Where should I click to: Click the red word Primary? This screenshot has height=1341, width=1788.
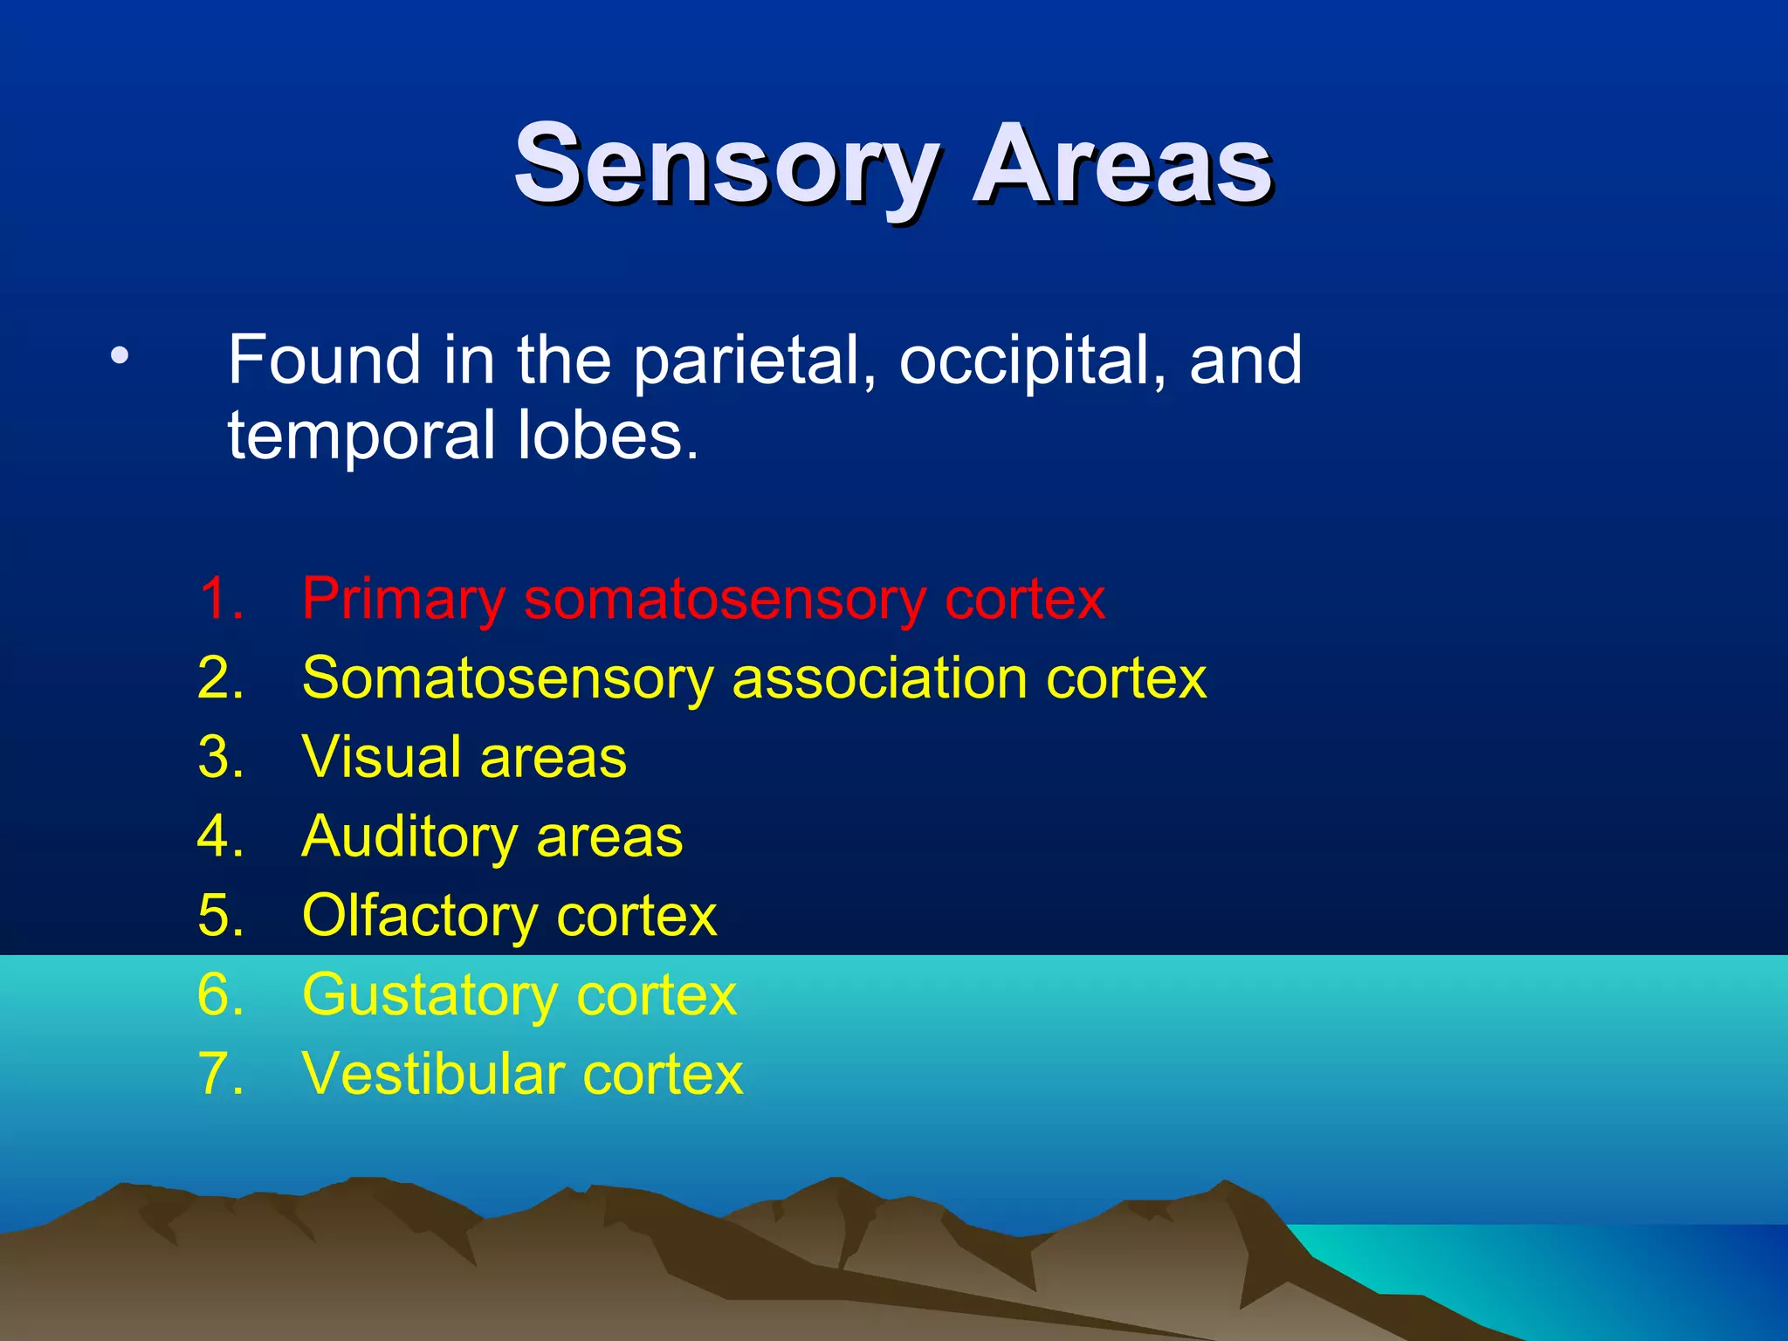tap(403, 601)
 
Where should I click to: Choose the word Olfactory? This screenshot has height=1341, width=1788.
tap(419, 917)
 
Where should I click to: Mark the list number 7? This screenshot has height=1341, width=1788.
tap(219, 1074)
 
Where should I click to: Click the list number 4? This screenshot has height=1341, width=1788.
tap(219, 836)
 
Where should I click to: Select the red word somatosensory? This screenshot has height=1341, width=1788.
tap(725, 601)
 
